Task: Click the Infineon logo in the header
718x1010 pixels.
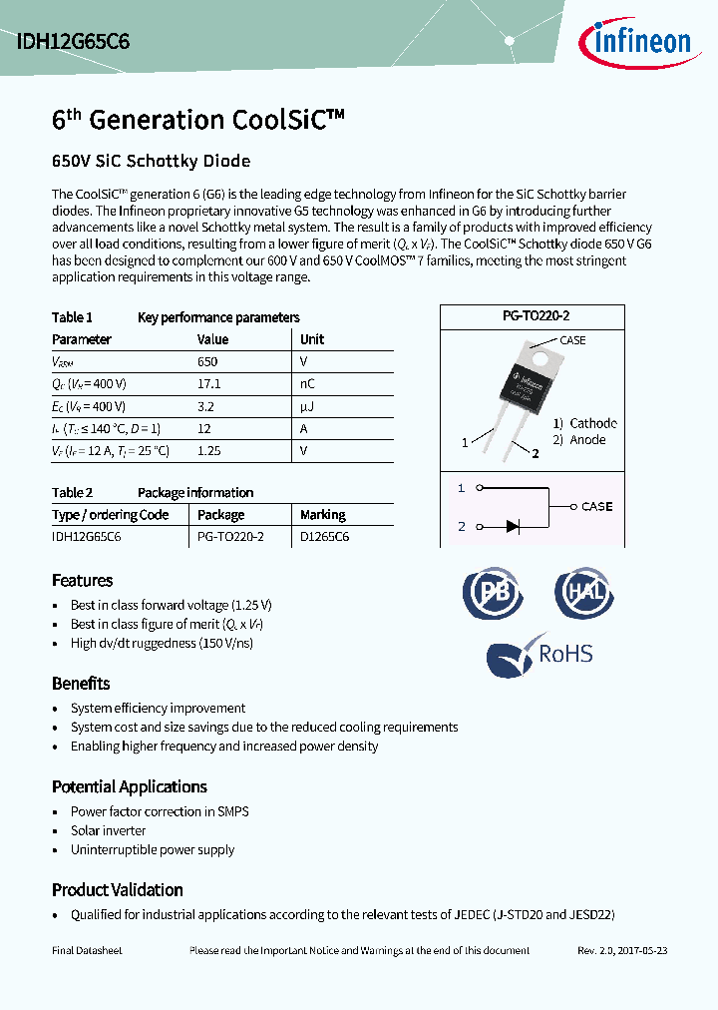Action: pos(634,42)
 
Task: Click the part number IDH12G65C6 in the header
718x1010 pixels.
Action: pos(73,42)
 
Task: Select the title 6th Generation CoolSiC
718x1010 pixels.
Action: pos(197,120)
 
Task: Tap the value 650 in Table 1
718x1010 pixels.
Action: pos(207,361)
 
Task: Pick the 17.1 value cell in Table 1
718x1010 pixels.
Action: pos(208,383)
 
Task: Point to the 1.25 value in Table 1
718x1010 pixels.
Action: pos(209,450)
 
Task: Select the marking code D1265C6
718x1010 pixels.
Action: pos(325,536)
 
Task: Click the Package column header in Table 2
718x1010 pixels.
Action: pos(220,515)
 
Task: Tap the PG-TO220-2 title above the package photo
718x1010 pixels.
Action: pos(536,315)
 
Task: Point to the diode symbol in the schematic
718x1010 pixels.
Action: pos(513,526)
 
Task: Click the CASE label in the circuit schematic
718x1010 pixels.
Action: pos(596,507)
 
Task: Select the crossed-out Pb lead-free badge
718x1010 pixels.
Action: pos(494,594)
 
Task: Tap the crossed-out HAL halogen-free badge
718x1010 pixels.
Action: pos(584,594)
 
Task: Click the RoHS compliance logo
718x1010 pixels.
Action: pos(539,655)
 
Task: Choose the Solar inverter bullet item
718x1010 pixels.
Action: pos(108,830)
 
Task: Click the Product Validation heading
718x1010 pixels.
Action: pos(118,889)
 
